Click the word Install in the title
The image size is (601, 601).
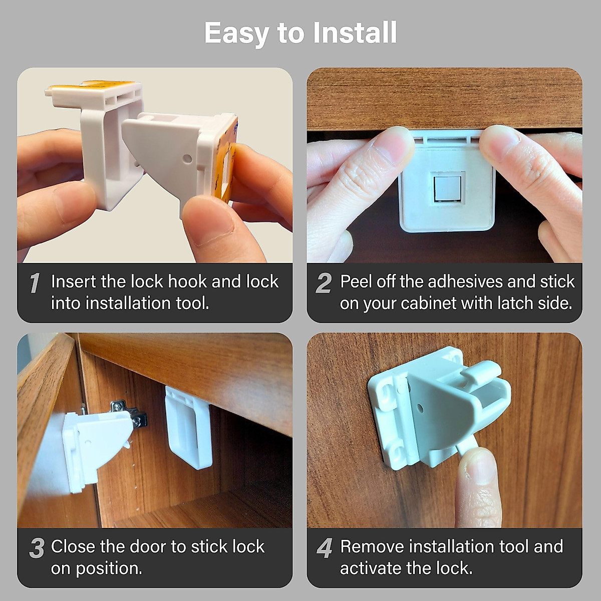pos(355,33)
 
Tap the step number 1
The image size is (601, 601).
pos(35,283)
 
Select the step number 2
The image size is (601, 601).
pos(324,283)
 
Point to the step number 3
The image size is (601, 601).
pos(37,548)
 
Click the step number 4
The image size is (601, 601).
pos(325,548)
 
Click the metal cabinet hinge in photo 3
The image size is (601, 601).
pos(129,415)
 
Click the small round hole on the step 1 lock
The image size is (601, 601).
pos(187,159)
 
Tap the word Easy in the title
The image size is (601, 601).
pos(236,33)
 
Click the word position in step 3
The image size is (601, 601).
pos(109,568)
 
